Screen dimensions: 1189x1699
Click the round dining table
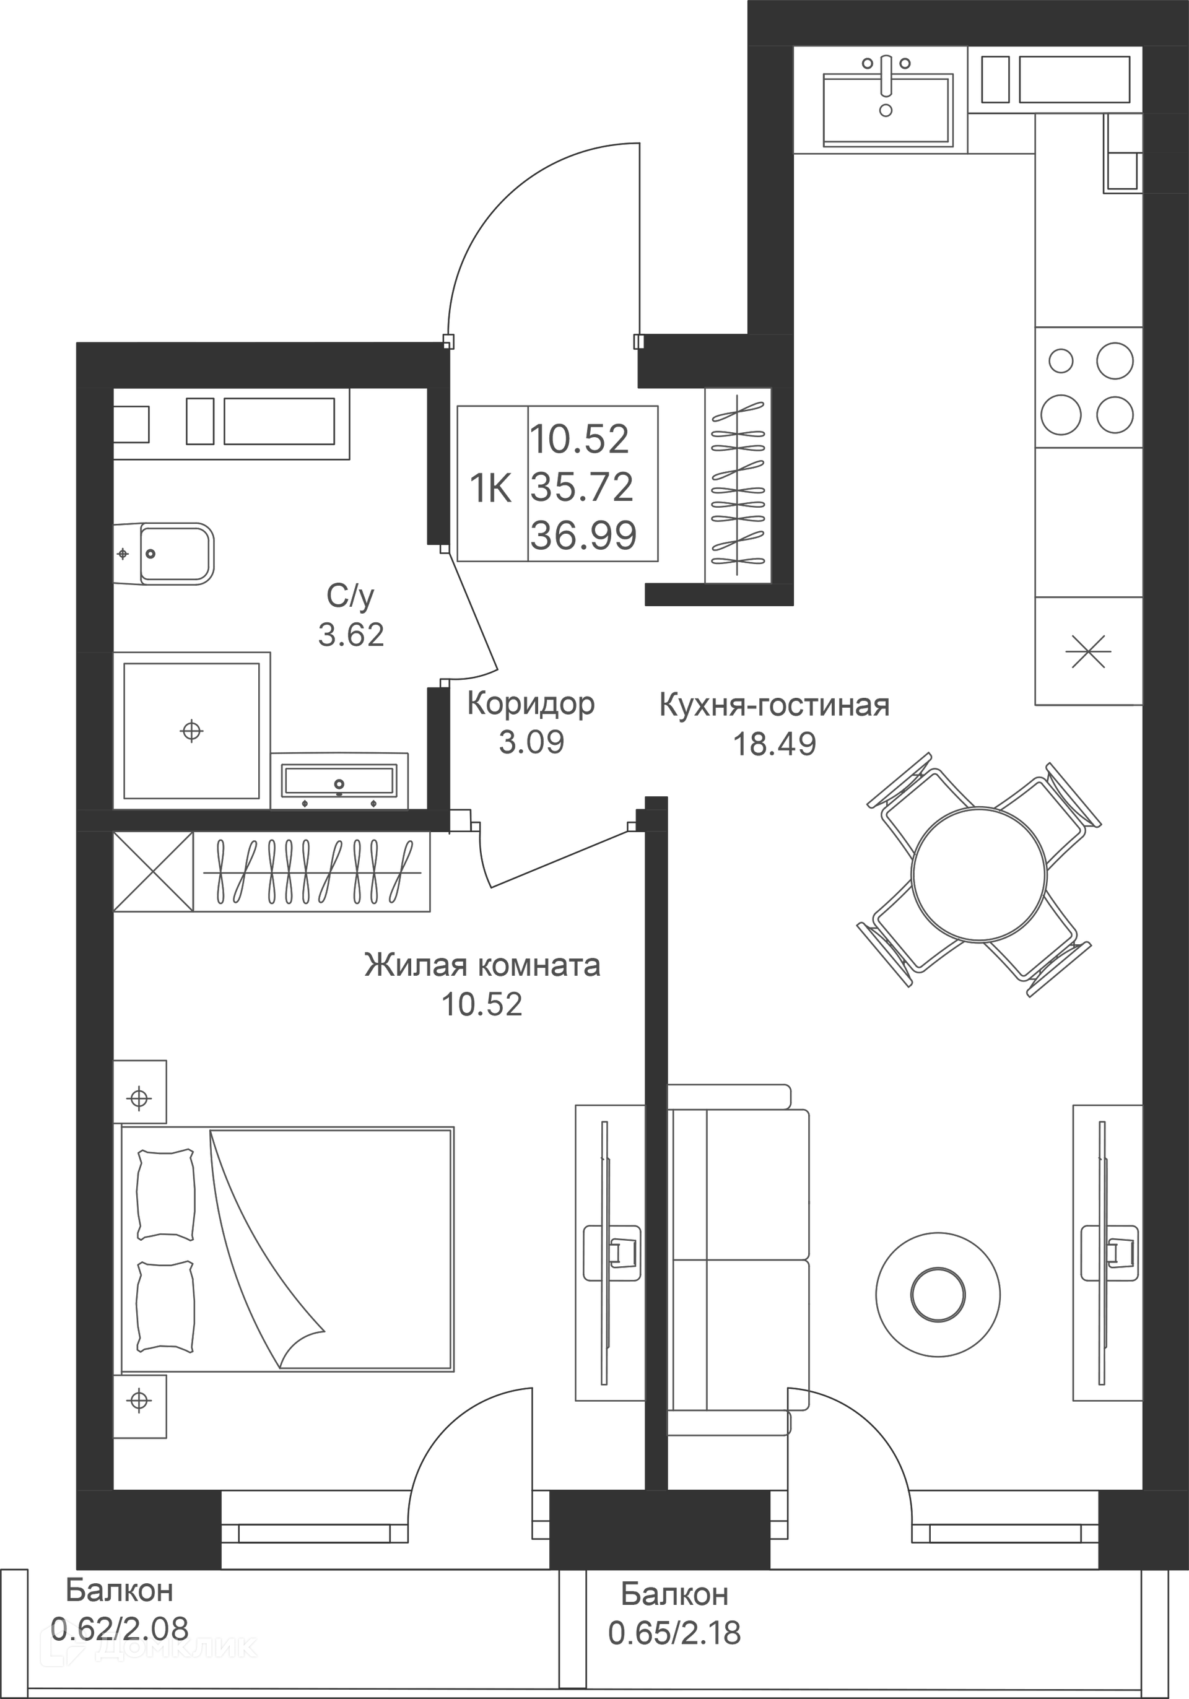click(979, 874)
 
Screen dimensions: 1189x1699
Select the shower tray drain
click(191, 731)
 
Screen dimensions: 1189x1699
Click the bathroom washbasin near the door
click(339, 781)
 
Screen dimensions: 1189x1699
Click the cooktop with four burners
click(1087, 387)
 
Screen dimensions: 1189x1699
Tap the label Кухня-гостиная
click(774, 705)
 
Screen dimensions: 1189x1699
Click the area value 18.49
click(774, 744)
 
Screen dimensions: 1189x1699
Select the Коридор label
click(531, 704)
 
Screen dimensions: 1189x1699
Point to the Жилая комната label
click(482, 966)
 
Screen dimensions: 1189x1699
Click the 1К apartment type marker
click(491, 489)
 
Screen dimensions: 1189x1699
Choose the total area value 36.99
click(583, 535)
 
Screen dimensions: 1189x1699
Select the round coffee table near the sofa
click(938, 1295)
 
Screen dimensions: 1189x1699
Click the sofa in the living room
click(738, 1260)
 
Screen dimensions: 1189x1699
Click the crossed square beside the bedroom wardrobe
click(153, 872)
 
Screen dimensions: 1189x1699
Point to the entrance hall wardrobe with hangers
click(738, 485)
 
